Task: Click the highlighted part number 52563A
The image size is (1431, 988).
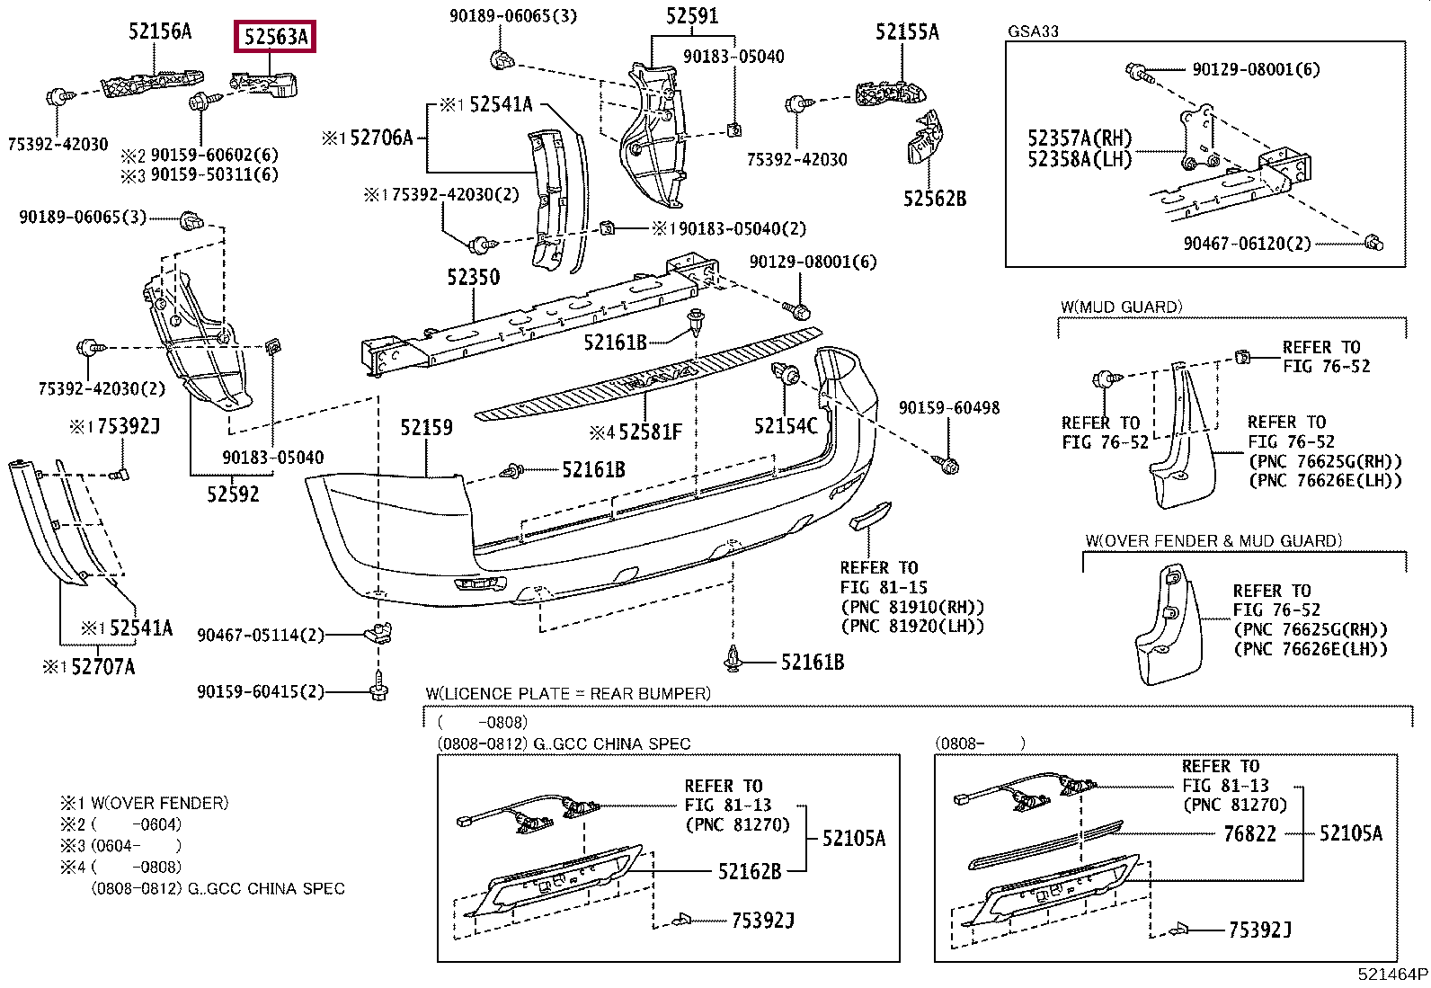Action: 276,37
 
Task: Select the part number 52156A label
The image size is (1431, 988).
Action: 160,31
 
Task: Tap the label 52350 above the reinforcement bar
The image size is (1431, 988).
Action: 474,277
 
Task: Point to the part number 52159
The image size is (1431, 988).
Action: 426,428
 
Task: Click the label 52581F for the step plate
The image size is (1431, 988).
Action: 651,432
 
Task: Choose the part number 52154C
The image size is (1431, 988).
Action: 786,425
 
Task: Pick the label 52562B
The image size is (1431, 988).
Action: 935,199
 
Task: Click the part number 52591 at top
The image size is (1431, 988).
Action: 692,15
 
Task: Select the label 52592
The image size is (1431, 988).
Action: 233,494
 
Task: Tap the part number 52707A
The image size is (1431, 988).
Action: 102,667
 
